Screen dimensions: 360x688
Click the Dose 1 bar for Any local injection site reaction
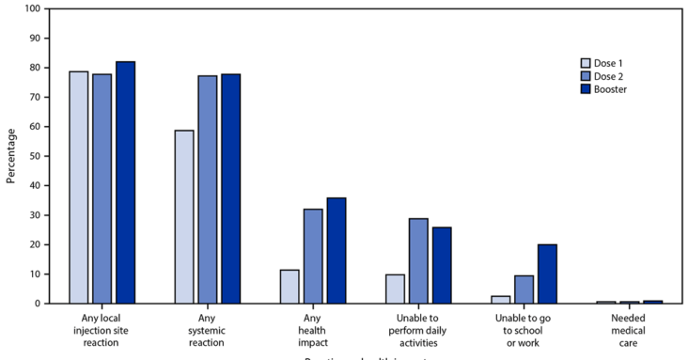79,188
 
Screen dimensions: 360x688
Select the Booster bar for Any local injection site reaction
125,182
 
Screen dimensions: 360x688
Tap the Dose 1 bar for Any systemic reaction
184,217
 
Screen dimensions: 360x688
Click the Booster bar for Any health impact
336,251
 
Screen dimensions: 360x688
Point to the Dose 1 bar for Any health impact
289,287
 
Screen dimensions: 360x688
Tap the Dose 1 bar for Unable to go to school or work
501,300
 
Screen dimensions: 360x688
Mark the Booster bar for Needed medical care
652,302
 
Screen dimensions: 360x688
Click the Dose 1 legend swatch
586,58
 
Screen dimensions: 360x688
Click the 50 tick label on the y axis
33,156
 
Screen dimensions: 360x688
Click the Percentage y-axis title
10,156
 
